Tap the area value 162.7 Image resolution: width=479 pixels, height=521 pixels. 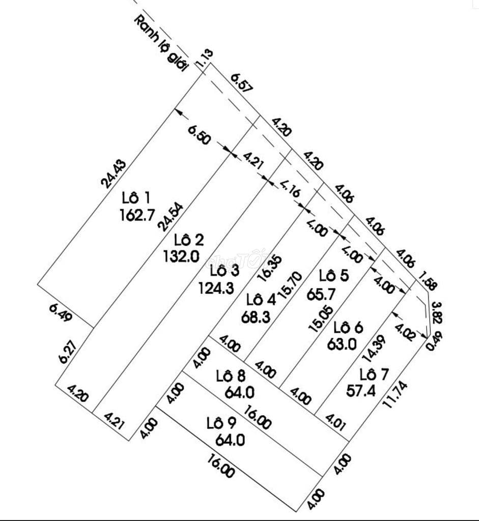137,215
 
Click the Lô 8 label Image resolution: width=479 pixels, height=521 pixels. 231,377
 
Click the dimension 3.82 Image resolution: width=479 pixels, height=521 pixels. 436,312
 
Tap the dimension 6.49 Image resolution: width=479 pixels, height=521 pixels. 61,312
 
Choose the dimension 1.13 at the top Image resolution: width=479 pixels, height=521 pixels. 207,58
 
